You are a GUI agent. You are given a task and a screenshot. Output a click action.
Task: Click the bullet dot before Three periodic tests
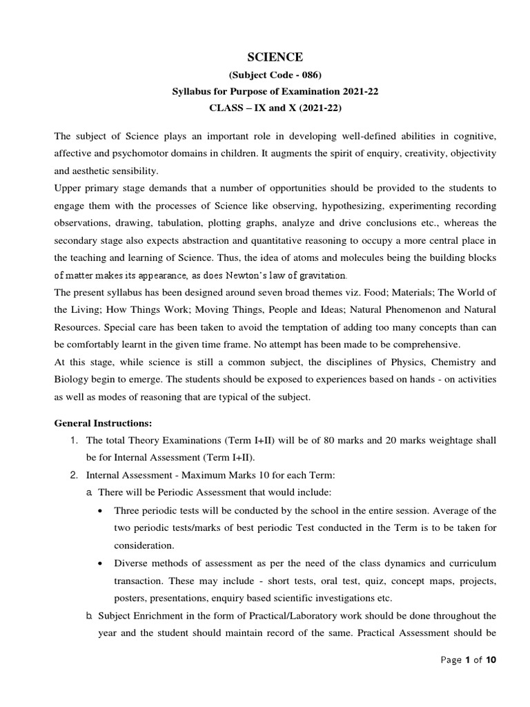(x=102, y=510)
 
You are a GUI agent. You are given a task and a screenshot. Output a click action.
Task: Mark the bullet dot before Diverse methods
(x=102, y=562)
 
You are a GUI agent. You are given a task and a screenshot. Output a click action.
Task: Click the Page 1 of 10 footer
(x=468, y=660)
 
